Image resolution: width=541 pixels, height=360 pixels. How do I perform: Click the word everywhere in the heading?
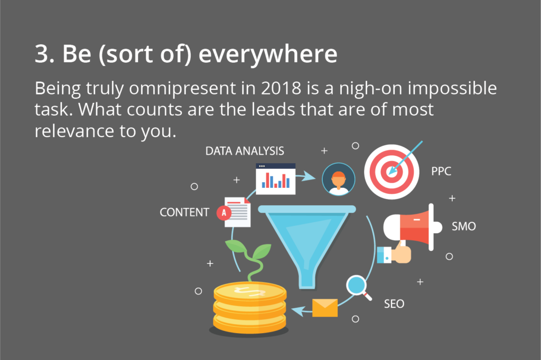point(268,54)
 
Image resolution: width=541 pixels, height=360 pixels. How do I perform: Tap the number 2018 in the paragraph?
point(281,88)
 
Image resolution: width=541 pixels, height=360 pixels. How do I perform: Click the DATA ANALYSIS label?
point(245,151)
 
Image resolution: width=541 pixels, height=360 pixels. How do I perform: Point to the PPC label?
point(441,172)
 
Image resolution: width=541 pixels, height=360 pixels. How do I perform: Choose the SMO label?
point(464,226)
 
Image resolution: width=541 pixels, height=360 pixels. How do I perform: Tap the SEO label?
point(394,304)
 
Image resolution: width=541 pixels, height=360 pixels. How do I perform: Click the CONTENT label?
point(184,212)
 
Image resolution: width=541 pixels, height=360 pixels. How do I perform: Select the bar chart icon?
point(276,179)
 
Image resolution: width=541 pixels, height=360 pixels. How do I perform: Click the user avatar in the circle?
point(339,179)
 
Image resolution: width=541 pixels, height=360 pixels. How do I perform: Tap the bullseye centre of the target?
point(391,172)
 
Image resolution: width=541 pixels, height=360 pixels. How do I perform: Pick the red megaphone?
point(413,227)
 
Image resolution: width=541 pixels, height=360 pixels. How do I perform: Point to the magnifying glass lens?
point(356,285)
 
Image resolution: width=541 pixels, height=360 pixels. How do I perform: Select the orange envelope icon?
point(325,308)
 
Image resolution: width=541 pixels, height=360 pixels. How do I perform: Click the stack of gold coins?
point(250,308)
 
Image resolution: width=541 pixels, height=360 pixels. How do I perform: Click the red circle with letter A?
point(224,213)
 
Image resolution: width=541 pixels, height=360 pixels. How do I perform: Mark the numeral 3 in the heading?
point(42,54)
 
